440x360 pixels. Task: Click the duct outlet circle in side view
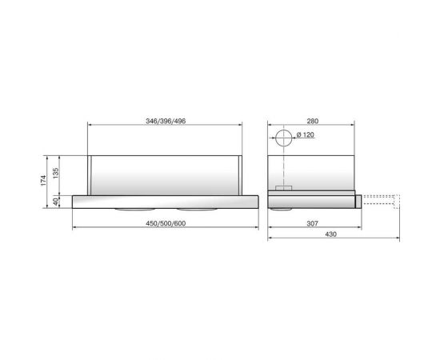tap(282, 141)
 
